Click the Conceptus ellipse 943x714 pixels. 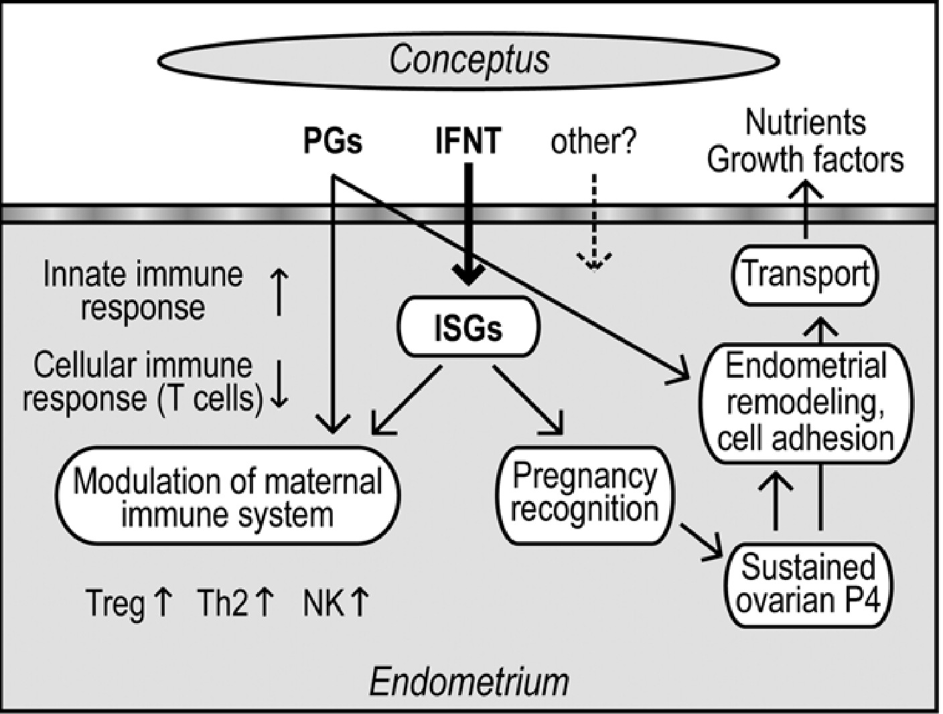(x=469, y=60)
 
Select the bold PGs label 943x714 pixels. (x=333, y=141)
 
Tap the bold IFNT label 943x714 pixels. (x=467, y=141)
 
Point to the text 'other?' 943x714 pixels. (x=593, y=141)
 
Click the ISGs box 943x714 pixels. (x=468, y=328)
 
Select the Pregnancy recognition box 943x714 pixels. (x=585, y=494)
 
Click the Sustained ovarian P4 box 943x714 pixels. (x=808, y=584)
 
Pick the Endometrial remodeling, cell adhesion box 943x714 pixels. (x=806, y=403)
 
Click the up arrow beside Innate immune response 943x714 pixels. (x=279, y=293)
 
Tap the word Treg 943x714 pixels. (x=115, y=603)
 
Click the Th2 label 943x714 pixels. (x=222, y=603)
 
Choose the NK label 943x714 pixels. (x=323, y=603)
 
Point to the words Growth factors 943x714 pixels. (x=805, y=159)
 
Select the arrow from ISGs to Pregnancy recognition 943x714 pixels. (x=529, y=400)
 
